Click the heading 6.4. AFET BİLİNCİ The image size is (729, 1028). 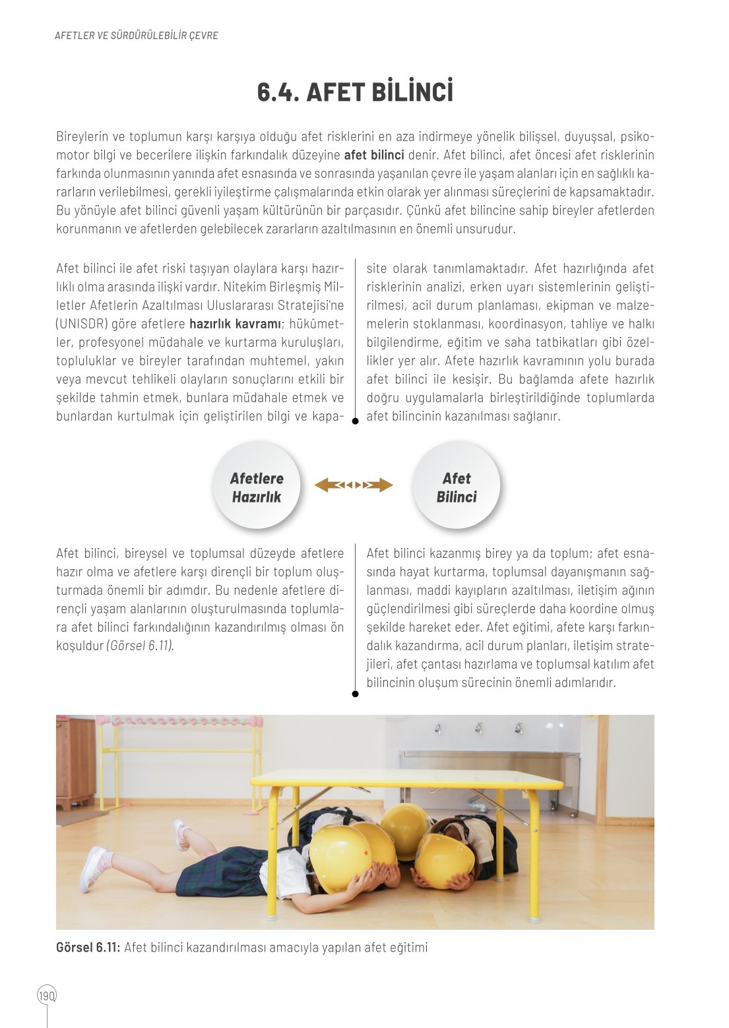pos(355,92)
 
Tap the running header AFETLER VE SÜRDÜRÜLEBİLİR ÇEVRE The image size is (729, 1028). pos(136,36)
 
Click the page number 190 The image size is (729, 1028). pos(47,996)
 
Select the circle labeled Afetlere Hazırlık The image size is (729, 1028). pos(257,487)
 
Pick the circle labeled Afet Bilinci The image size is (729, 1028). pos(456,487)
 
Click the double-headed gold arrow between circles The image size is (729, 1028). pos(354,485)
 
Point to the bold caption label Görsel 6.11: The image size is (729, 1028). pos(88,948)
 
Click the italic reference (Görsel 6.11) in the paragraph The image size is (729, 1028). pos(140,646)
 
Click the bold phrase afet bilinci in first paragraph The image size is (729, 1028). pos(374,155)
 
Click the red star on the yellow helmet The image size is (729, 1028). pos(365,854)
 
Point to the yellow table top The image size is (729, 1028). pos(406,778)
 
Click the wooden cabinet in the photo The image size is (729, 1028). pos(75,762)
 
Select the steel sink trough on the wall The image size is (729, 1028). pos(488,765)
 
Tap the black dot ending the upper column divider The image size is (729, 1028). pos(355,421)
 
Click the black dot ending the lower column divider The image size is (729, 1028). pos(355,694)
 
